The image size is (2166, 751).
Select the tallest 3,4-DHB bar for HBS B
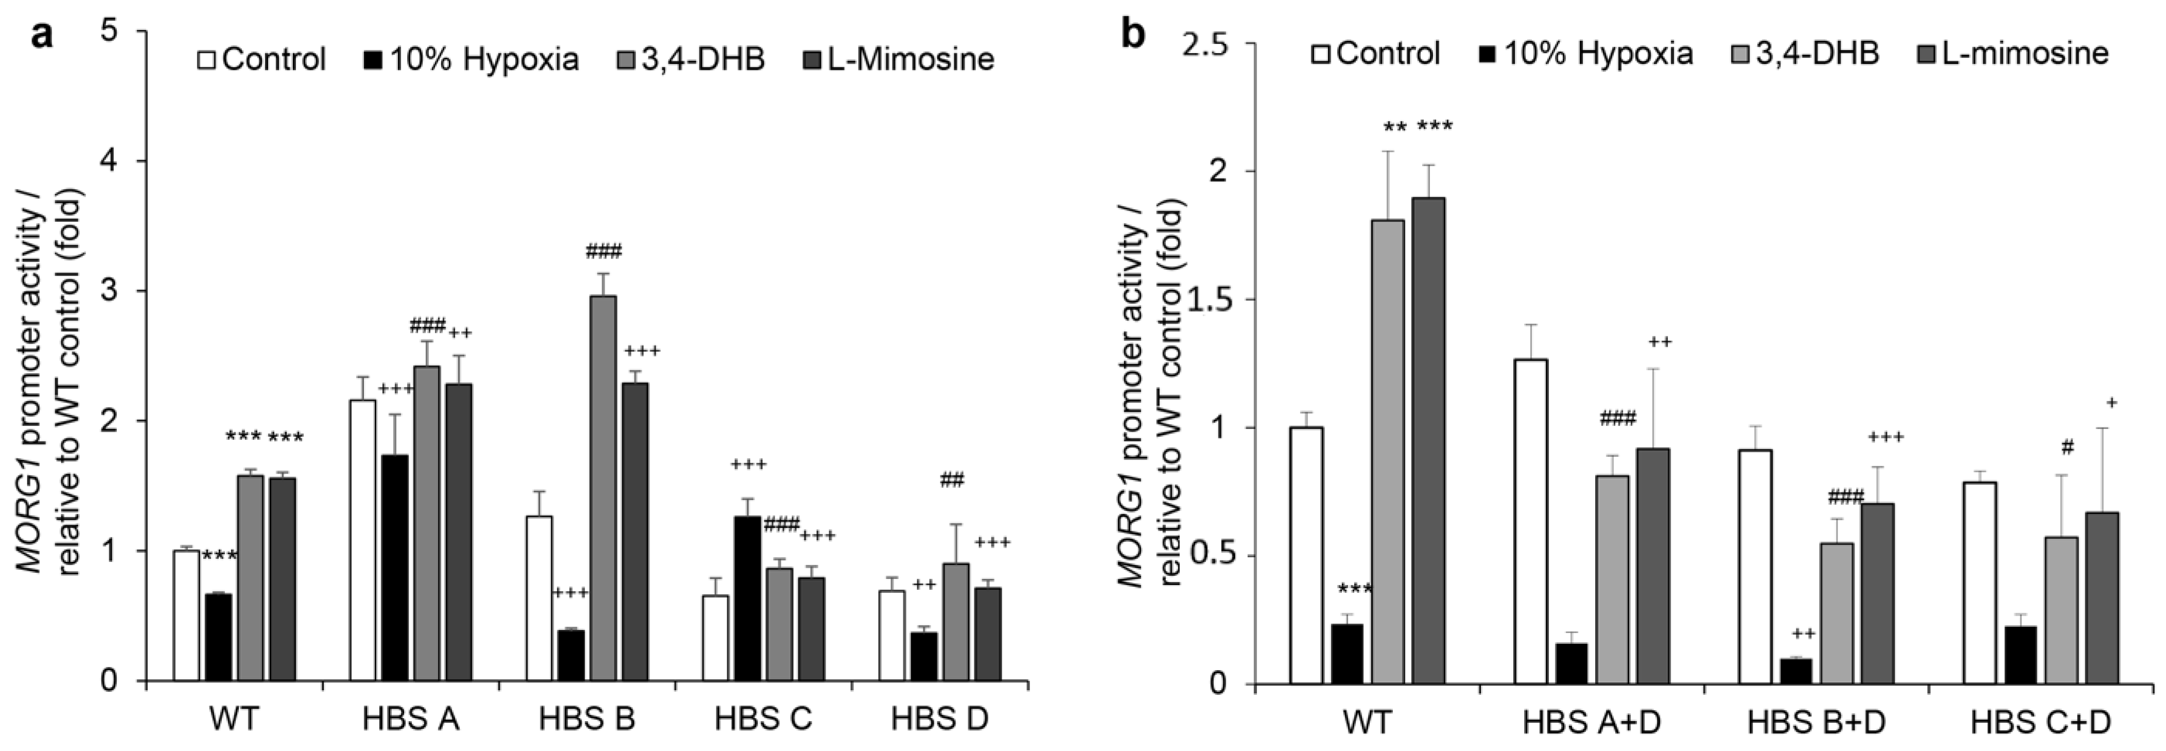coord(603,488)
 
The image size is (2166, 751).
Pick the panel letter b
coord(1135,36)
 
